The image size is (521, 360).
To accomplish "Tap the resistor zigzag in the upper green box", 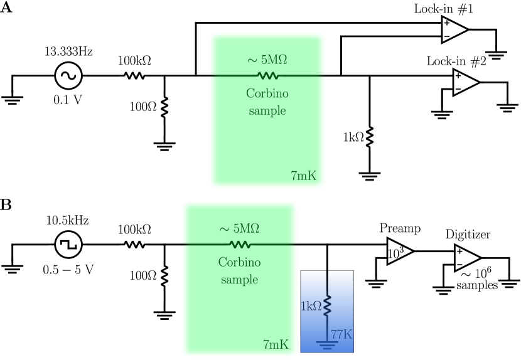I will click(268, 76).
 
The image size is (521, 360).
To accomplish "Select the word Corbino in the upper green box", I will click(267, 94).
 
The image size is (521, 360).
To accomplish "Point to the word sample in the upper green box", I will click(267, 111).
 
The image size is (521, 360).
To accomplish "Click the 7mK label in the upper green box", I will click(304, 176).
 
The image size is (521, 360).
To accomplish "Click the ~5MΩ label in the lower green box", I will click(240, 229).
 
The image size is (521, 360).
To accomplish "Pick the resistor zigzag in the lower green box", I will click(240, 245).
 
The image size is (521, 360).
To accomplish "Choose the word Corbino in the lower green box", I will click(239, 263).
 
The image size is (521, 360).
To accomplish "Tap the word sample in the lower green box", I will click(239, 280).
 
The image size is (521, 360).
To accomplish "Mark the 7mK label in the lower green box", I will click(276, 345).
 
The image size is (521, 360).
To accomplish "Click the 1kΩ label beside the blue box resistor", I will click(311, 306).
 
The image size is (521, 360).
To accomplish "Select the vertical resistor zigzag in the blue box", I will click(327, 305).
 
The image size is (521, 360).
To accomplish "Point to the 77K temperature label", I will click(341, 334).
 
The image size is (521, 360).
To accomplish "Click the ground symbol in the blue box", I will click(326, 344).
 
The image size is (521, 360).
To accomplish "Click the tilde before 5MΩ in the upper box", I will click(252, 61).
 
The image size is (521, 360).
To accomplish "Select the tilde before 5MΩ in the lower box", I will click(224, 230).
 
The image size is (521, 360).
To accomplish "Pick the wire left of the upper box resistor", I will click(232, 76).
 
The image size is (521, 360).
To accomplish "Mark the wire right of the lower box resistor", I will click(274, 245).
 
